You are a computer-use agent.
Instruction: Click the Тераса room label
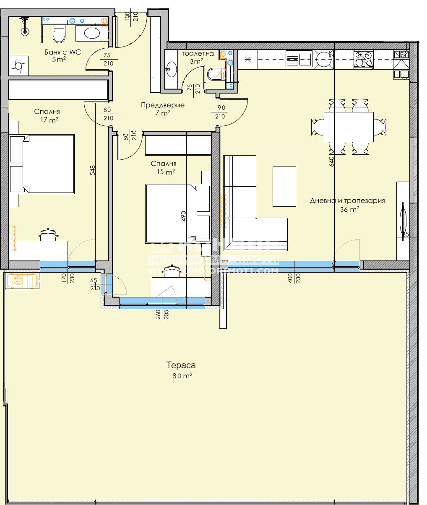(181, 365)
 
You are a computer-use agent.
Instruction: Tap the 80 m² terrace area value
(181, 376)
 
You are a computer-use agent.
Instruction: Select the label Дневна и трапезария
(347, 201)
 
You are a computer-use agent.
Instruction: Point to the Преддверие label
(162, 105)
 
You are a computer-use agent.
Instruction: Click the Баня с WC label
(62, 52)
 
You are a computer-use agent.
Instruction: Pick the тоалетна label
(198, 54)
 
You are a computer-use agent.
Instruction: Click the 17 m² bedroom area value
(47, 120)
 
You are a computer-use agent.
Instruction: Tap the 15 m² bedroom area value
(164, 172)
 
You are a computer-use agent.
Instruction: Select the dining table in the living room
(348, 127)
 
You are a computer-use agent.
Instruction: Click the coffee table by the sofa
(284, 186)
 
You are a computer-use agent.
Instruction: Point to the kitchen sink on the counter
(299, 59)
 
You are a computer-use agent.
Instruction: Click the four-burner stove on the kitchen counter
(364, 59)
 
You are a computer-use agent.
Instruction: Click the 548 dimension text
(92, 170)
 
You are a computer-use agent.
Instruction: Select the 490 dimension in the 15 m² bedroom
(183, 216)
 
